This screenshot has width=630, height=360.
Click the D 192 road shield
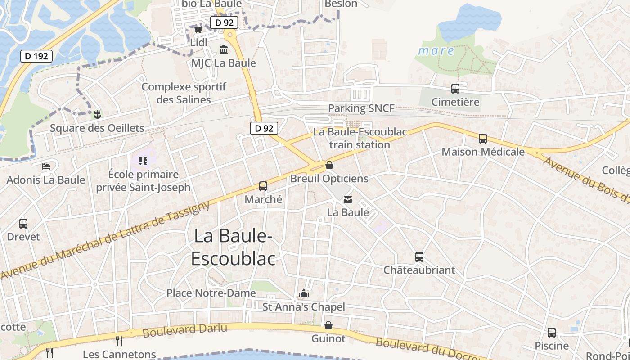pyautogui.click(x=37, y=56)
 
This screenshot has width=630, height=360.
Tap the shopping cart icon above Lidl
pyautogui.click(x=198, y=30)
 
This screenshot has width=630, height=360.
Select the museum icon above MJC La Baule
pyautogui.click(x=223, y=49)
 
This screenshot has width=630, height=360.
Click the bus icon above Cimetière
pyautogui.click(x=455, y=89)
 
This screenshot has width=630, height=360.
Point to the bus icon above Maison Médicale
pyautogui.click(x=483, y=139)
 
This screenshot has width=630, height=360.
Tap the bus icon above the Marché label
pyautogui.click(x=263, y=186)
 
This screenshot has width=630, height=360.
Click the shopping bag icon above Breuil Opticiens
pyautogui.click(x=329, y=165)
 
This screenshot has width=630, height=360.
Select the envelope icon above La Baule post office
pyautogui.click(x=348, y=199)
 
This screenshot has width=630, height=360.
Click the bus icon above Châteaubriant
pyautogui.click(x=419, y=257)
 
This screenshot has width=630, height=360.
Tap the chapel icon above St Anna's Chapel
pyautogui.click(x=304, y=294)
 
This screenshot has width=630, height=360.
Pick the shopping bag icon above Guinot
pyautogui.click(x=328, y=325)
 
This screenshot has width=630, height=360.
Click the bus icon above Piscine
pyautogui.click(x=552, y=333)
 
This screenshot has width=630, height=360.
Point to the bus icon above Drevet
pyautogui.click(x=23, y=223)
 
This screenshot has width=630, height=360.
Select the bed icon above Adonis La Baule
pyautogui.click(x=46, y=166)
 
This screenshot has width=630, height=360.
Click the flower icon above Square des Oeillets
pyautogui.click(x=97, y=114)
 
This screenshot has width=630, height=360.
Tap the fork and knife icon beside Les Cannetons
pyautogui.click(x=119, y=341)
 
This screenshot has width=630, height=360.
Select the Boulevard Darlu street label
pyautogui.click(x=185, y=330)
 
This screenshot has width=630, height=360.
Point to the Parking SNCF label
pyautogui.click(x=361, y=108)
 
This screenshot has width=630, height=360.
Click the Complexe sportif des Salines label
pyautogui.click(x=184, y=93)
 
